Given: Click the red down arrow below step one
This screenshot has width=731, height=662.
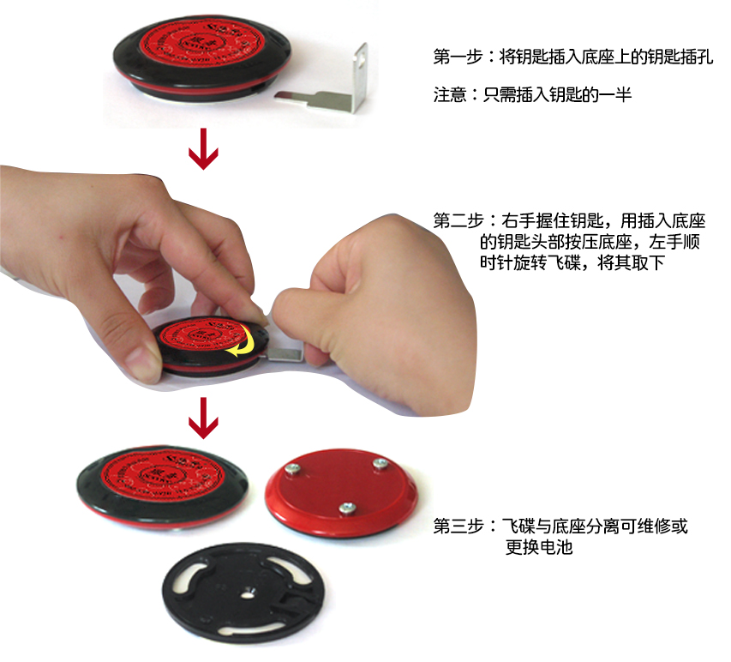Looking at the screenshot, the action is [x=203, y=149].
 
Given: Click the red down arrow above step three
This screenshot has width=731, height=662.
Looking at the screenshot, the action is [x=203, y=418].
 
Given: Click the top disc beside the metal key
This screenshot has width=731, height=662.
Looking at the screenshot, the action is [x=202, y=57].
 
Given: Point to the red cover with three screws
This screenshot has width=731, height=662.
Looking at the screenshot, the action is [x=341, y=490].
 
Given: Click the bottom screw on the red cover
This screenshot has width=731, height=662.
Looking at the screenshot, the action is [x=347, y=508].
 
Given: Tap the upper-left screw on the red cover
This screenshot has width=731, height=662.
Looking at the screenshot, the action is [x=293, y=469].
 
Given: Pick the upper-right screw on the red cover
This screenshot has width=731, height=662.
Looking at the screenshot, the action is [x=380, y=463].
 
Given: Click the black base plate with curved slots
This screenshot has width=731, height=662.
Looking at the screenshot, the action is [x=243, y=593].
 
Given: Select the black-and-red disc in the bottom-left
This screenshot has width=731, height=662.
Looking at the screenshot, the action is [x=163, y=488].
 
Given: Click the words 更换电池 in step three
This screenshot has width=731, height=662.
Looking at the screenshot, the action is [x=539, y=547].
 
